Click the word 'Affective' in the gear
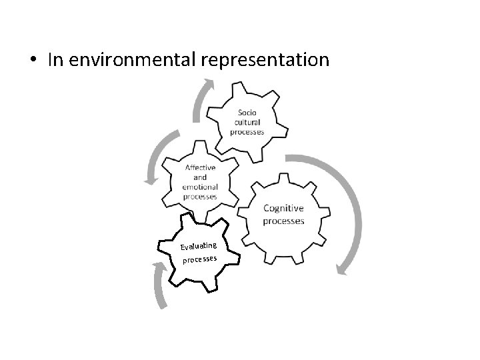point(200,168)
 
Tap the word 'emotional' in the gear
point(200,187)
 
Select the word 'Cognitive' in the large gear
point(283,208)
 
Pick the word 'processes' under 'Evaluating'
point(201,259)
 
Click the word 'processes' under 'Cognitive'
point(283,221)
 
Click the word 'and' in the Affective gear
point(200,177)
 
